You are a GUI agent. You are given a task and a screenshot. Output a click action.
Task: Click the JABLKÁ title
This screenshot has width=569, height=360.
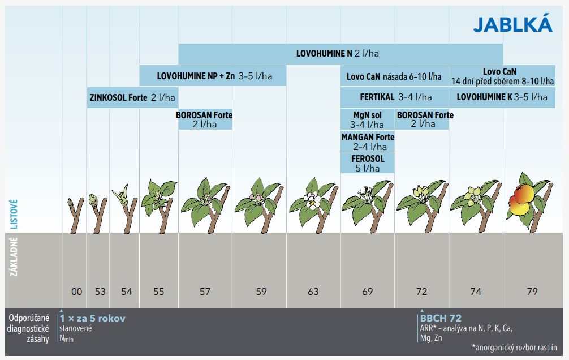tap(512, 24)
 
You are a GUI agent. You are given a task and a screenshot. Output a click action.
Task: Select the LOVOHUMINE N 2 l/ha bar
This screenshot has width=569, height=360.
tap(340, 54)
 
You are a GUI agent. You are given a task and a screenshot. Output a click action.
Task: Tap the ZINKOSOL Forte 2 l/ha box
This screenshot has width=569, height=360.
tap(132, 97)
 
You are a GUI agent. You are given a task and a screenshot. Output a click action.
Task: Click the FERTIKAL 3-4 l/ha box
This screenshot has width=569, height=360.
tap(395, 97)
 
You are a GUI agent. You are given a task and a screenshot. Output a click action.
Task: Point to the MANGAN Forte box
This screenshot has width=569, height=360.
tap(368, 142)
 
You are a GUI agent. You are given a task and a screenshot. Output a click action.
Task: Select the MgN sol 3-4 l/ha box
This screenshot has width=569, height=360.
tap(367, 119)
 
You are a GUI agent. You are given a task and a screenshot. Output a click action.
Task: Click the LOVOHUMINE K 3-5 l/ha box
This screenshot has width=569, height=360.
tap(502, 97)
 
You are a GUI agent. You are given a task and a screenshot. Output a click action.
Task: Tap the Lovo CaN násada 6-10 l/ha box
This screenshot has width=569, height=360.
tap(394, 75)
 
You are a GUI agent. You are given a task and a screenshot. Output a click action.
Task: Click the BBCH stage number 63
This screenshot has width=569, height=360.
tap(313, 292)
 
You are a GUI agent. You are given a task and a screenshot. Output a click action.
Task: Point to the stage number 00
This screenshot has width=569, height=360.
tap(76, 292)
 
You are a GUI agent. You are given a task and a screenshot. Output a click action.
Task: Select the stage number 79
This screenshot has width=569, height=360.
tap(531, 292)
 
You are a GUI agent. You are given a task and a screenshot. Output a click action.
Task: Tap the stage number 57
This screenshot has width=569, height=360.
tap(205, 292)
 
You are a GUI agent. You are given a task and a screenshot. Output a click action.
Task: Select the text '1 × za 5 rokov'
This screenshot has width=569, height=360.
tap(93, 318)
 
